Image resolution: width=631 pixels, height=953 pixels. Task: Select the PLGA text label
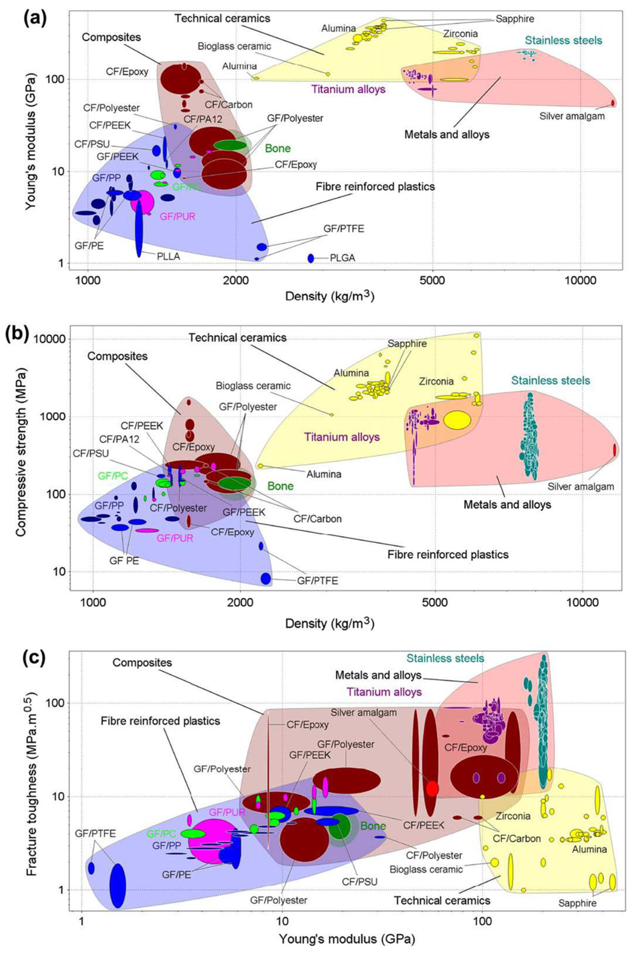(342, 258)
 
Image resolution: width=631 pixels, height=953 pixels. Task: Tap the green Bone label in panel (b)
(281, 486)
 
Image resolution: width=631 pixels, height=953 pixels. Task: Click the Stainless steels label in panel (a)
(563, 41)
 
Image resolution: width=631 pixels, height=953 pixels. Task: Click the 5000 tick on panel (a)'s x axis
(432, 279)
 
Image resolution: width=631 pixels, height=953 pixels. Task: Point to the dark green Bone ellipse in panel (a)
(230, 145)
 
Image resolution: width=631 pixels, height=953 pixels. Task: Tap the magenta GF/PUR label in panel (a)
(178, 216)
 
